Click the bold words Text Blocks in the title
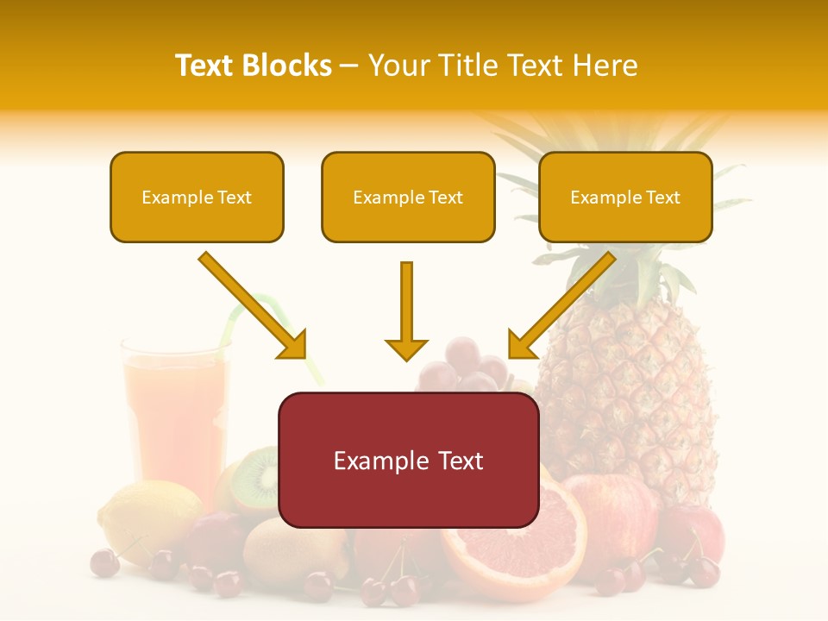[253, 66]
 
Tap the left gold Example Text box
[197, 198]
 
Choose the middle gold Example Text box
[408, 198]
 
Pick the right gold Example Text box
[625, 198]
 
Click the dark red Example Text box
[408, 461]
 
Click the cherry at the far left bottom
[104, 562]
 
